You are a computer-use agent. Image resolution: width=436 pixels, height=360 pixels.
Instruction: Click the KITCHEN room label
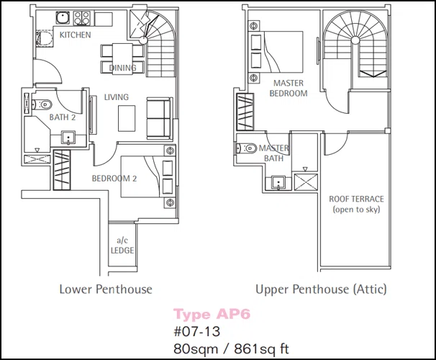76,35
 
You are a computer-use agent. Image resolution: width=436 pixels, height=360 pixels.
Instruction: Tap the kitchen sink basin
63,18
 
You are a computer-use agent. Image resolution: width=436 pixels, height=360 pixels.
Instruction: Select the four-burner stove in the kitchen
82,18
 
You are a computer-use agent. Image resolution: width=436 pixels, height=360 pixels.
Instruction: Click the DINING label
122,68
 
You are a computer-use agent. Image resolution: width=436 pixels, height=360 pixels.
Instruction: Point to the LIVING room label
117,97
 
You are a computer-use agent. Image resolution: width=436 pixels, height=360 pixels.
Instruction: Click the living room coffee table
127,118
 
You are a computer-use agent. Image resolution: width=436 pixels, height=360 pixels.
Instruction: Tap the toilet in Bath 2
42,104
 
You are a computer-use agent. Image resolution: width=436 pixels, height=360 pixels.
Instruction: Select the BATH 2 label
63,117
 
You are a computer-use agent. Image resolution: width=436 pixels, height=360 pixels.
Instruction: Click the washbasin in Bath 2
68,138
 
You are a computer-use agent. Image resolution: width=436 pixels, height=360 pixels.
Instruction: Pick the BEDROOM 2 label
114,179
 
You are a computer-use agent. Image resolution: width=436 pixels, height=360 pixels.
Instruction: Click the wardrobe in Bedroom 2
62,170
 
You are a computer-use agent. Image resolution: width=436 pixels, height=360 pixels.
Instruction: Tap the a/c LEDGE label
122,246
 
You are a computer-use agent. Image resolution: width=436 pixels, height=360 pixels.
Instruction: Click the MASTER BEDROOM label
289,88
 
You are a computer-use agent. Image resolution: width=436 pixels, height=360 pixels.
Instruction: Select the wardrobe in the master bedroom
245,112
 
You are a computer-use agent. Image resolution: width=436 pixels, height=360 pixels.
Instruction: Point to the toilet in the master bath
246,148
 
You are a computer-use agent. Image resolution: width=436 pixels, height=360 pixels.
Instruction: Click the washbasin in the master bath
278,182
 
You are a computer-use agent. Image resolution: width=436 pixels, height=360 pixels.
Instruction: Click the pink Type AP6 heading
212,315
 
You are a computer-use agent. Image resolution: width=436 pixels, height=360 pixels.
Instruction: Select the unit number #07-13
197,331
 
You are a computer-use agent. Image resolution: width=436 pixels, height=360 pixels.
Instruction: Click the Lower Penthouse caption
106,289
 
